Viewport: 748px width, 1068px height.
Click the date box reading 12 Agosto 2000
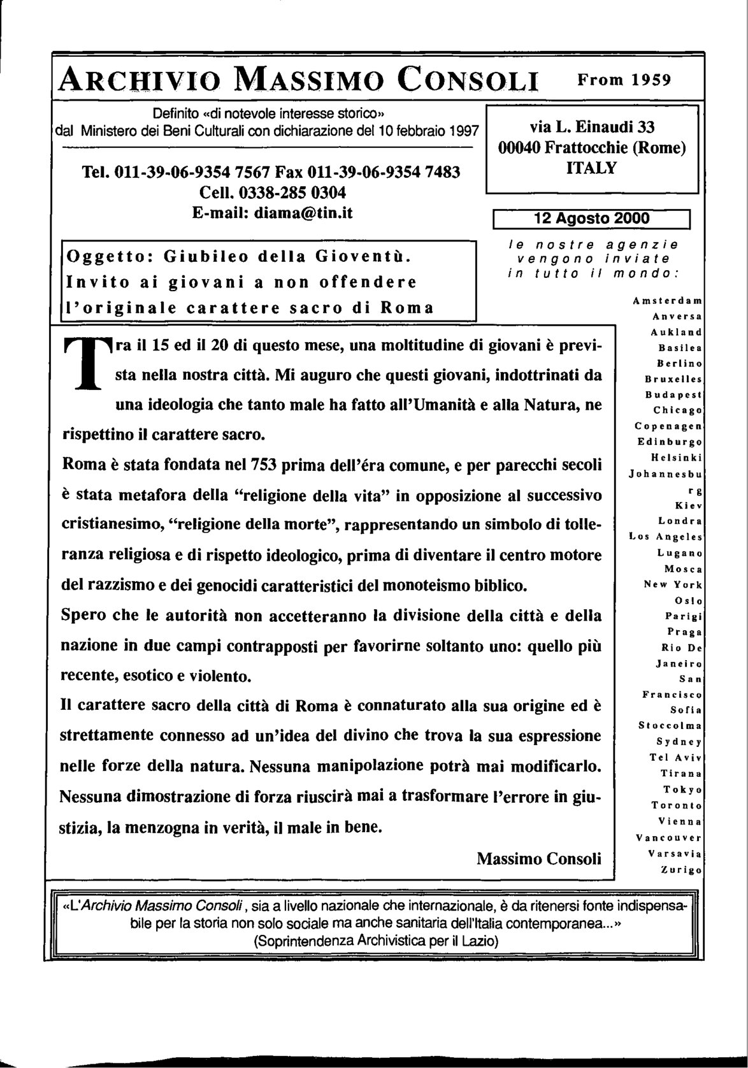tap(592, 219)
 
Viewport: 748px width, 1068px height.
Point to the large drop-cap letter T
tap(89, 363)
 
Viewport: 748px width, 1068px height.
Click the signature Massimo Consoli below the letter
tap(539, 858)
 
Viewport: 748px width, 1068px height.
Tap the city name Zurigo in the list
tap(680, 869)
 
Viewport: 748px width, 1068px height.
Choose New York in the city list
tap(673, 584)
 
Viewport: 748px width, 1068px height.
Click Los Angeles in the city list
tap(665, 537)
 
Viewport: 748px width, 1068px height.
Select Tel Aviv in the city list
tap(675, 758)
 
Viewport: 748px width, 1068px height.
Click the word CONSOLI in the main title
tap(468, 81)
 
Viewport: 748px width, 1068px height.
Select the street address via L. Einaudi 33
tap(592, 126)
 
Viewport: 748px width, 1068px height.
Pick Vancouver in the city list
tap(668, 837)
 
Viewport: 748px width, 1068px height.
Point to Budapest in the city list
tap(673, 394)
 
